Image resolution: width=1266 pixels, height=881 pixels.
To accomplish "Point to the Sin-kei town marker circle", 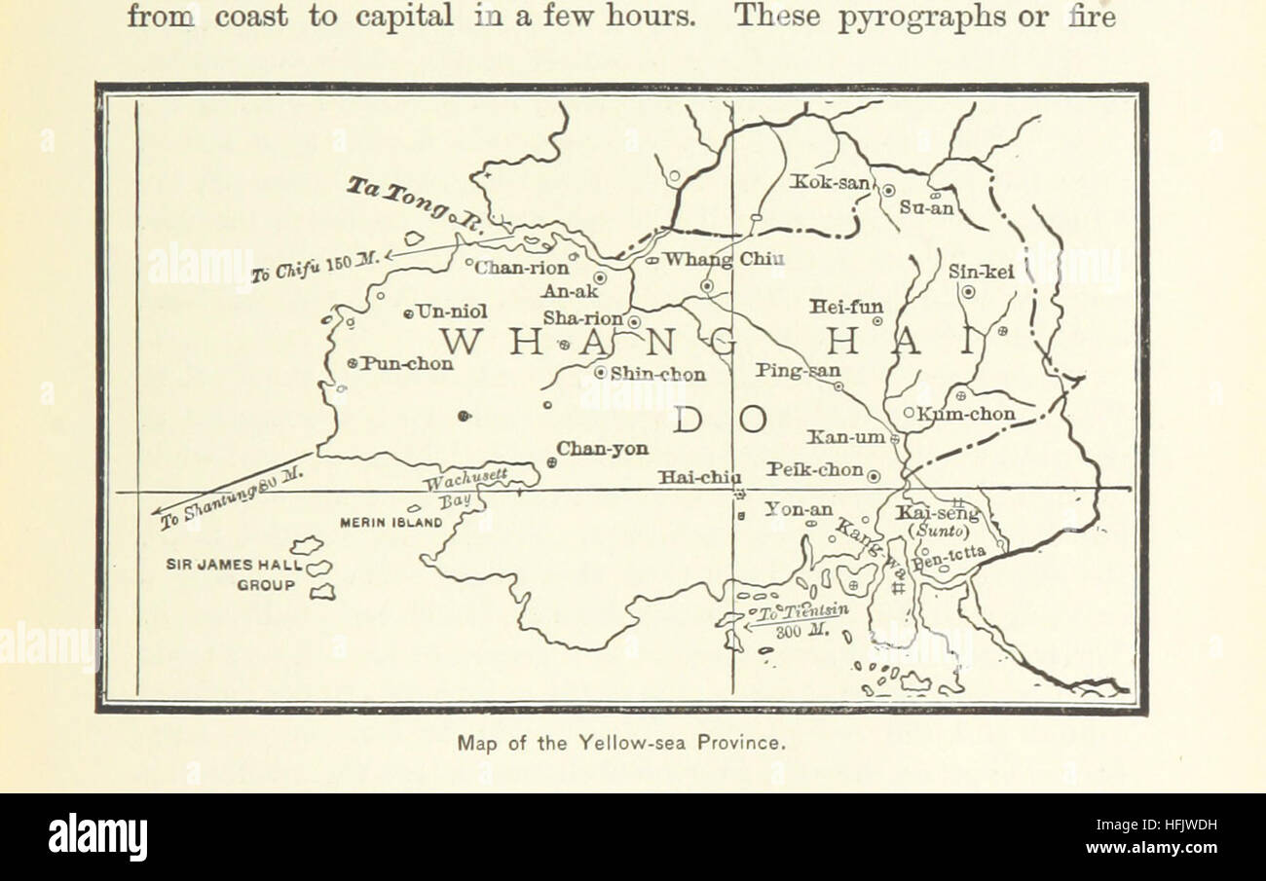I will pyautogui.click(x=968, y=292).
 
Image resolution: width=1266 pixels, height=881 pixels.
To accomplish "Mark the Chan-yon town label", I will pyautogui.click(x=602, y=449).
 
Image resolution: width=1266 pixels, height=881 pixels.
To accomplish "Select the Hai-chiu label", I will pyautogui.click(x=698, y=477).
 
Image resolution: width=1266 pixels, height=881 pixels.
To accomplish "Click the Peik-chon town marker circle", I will pyautogui.click(x=874, y=476).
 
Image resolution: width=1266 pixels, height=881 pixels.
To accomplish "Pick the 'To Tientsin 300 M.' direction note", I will pyautogui.click(x=798, y=619).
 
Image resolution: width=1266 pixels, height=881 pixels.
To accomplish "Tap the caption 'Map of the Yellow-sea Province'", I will pyautogui.click(x=620, y=743).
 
